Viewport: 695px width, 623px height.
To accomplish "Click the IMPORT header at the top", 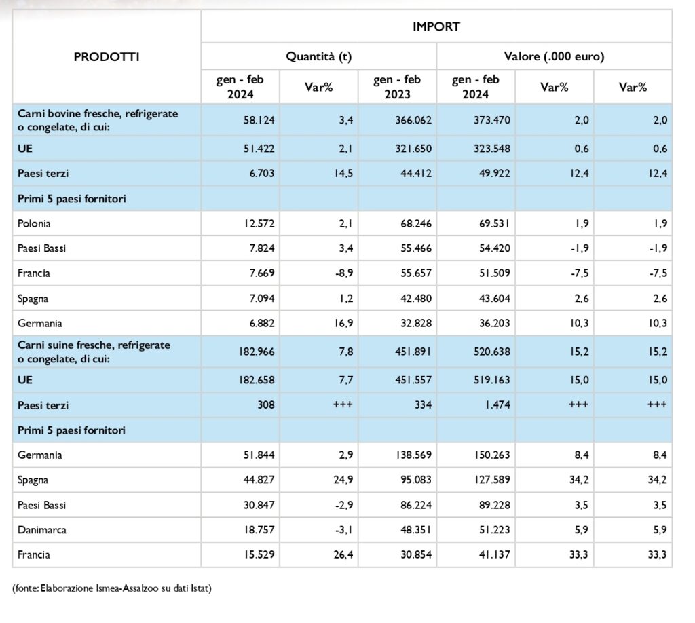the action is pos(436,26).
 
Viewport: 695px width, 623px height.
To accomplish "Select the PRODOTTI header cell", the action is pos(107,57).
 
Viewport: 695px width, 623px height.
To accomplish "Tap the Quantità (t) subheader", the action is pos(319,57).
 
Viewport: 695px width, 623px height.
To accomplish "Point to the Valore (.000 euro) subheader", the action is pos(554,57).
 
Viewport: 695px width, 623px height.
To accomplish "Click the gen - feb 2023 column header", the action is pos(397,87).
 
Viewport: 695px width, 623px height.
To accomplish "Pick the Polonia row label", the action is pos(34,223).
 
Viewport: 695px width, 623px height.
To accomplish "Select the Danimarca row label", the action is pos(42,530).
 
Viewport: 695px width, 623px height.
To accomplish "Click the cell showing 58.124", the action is pos(259,120).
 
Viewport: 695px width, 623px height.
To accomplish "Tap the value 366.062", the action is pos(413,120).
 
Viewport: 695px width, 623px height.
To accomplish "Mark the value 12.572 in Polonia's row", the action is pos(259,223).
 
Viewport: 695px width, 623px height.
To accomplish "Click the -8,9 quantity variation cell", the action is pos(344,273).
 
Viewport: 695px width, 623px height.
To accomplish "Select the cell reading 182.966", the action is pos(257,352).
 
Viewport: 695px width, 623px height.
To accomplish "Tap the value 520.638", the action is pos(492,352).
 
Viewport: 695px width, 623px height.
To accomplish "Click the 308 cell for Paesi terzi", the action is pos(266,404).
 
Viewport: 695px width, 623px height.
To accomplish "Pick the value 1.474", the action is pos(497,404).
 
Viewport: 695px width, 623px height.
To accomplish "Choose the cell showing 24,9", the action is pos(343,480).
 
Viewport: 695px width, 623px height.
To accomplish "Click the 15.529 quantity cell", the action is pos(259,554).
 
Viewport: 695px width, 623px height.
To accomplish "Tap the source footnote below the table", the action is pos(112,588).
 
